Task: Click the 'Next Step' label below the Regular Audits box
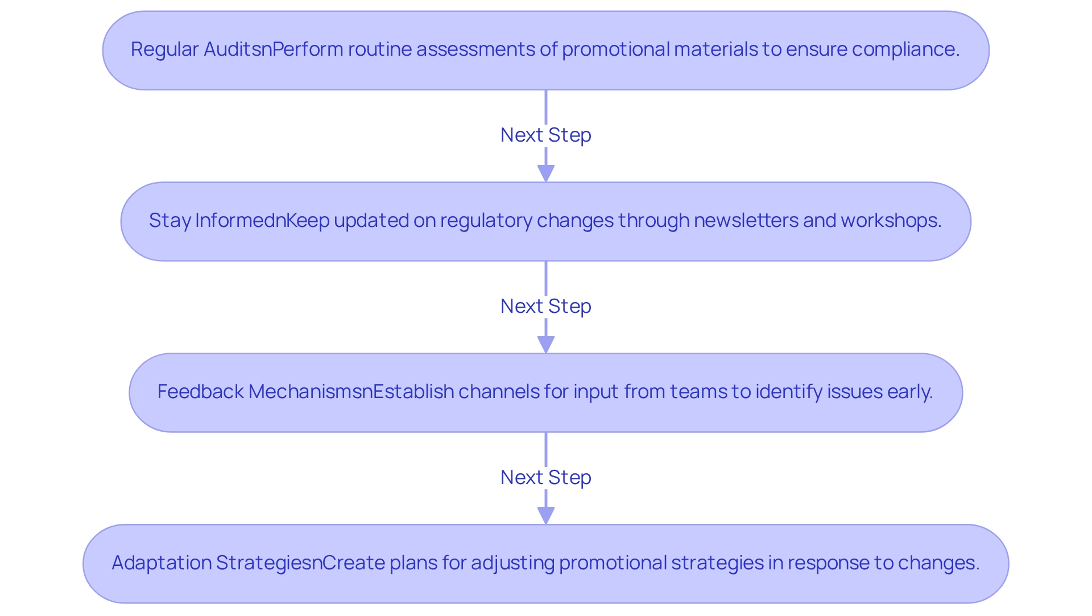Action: click(545, 135)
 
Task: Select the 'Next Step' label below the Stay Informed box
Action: click(545, 307)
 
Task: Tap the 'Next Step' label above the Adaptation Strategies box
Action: click(545, 478)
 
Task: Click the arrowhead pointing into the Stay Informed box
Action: click(546, 173)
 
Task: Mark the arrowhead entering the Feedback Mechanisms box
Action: click(546, 344)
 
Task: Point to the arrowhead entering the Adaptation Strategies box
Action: click(546, 515)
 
